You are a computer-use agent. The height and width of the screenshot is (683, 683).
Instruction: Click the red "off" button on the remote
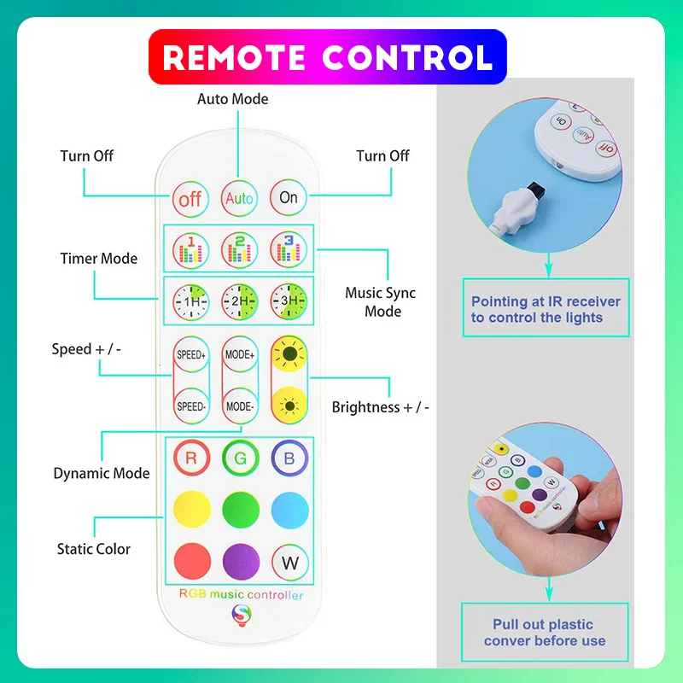coord(190,198)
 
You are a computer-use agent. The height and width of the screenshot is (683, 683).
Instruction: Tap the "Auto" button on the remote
coord(240,198)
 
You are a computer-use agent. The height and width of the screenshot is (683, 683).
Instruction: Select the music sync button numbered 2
coord(240,249)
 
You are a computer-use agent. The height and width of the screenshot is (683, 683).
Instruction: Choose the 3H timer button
coord(289,301)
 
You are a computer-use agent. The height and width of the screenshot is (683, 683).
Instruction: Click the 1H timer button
coord(190,301)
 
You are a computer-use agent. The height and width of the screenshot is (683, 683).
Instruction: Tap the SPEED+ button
coord(191,354)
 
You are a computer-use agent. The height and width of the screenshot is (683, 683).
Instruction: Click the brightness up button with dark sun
coord(289,354)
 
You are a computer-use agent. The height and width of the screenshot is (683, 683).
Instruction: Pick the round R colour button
coord(191,458)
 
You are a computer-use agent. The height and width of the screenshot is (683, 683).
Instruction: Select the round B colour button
coord(289,458)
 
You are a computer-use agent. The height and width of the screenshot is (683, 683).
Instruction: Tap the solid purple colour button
coord(241,562)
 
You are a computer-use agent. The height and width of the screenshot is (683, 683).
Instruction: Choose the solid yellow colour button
coord(192,511)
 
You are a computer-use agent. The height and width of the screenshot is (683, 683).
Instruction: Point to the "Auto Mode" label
coord(232,99)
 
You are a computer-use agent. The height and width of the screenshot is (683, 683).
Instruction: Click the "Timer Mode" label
coord(98,259)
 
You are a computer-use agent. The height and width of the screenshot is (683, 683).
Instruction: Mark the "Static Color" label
coord(94,549)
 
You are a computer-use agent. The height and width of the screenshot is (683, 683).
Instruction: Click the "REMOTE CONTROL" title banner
coord(328,57)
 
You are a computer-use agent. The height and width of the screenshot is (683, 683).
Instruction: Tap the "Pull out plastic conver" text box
coord(545,633)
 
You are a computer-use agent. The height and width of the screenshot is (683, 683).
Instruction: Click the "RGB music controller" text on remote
coord(241,594)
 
